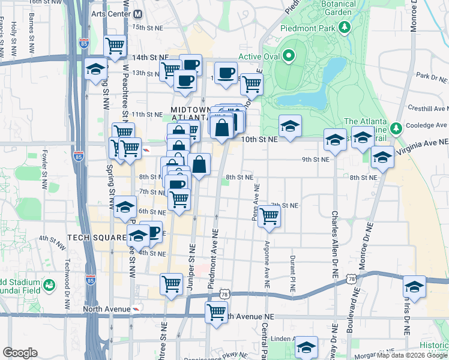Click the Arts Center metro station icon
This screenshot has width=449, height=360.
click(x=138, y=13)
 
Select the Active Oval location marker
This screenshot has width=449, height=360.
click(x=288, y=57)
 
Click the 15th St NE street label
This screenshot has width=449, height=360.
click(x=148, y=28)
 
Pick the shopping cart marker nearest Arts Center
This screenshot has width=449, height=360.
click(x=115, y=46)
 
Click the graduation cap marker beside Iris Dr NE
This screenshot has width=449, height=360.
click(x=414, y=287)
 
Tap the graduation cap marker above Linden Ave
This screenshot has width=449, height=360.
click(x=306, y=347)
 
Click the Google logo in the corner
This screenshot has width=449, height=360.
click(x=20, y=352)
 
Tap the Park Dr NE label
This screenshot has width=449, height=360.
click(x=432, y=77)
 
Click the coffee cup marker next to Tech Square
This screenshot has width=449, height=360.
click(x=152, y=232)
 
